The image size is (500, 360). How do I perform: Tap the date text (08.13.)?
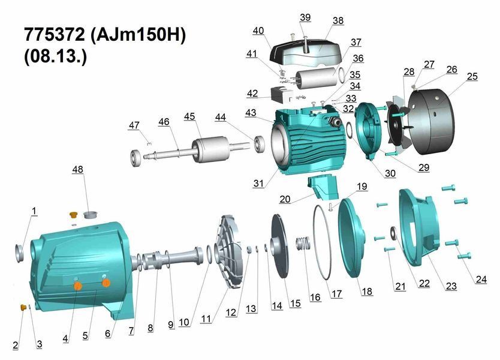tap(55, 57)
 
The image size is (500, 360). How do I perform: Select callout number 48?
tap(77, 169)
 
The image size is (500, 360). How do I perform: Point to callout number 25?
tap(472, 76)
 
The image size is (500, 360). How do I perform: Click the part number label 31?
tap(258, 183)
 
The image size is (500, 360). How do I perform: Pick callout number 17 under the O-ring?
tap(337, 293)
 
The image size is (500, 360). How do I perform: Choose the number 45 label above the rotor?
tap(189, 116)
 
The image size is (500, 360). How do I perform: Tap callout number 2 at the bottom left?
tap(16, 345)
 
